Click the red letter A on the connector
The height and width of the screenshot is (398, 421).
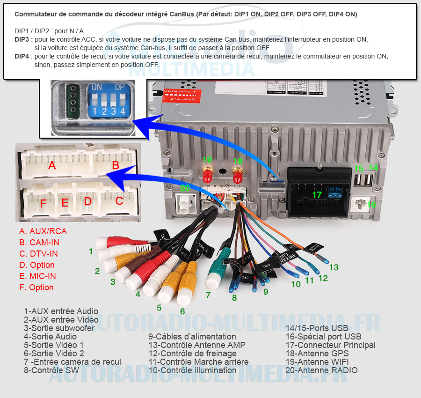[52, 166]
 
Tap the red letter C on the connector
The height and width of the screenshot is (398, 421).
[119, 201]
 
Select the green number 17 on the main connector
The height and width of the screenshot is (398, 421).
[317, 194]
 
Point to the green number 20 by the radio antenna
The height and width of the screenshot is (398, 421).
[185, 188]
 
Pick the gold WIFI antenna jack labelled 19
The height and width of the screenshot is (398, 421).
[207, 174]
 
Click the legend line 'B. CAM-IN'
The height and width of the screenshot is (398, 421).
[39, 243]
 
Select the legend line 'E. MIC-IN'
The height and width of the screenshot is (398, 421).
[37, 276]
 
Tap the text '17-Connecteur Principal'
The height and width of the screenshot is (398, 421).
[330, 345]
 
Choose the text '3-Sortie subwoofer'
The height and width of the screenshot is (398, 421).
[59, 328]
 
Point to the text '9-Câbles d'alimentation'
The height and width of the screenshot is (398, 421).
[192, 337]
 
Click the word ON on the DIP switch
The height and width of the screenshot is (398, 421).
[97, 87]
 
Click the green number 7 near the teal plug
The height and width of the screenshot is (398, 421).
[208, 295]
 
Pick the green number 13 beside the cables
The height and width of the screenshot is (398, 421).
[334, 267]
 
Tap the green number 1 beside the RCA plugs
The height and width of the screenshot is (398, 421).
[91, 251]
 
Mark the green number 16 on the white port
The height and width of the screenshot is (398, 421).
[371, 205]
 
